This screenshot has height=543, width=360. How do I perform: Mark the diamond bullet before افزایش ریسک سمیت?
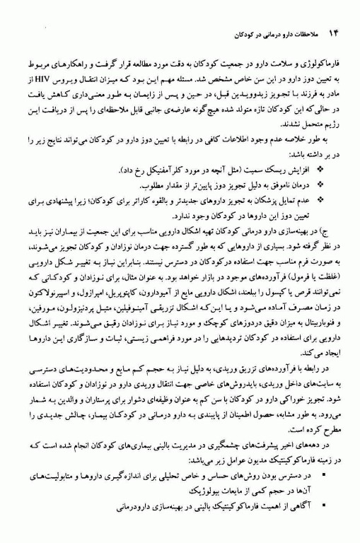[x=323, y=171]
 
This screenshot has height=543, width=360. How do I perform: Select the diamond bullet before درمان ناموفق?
[x=323, y=186]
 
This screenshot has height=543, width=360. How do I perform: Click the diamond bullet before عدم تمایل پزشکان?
[x=323, y=201]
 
